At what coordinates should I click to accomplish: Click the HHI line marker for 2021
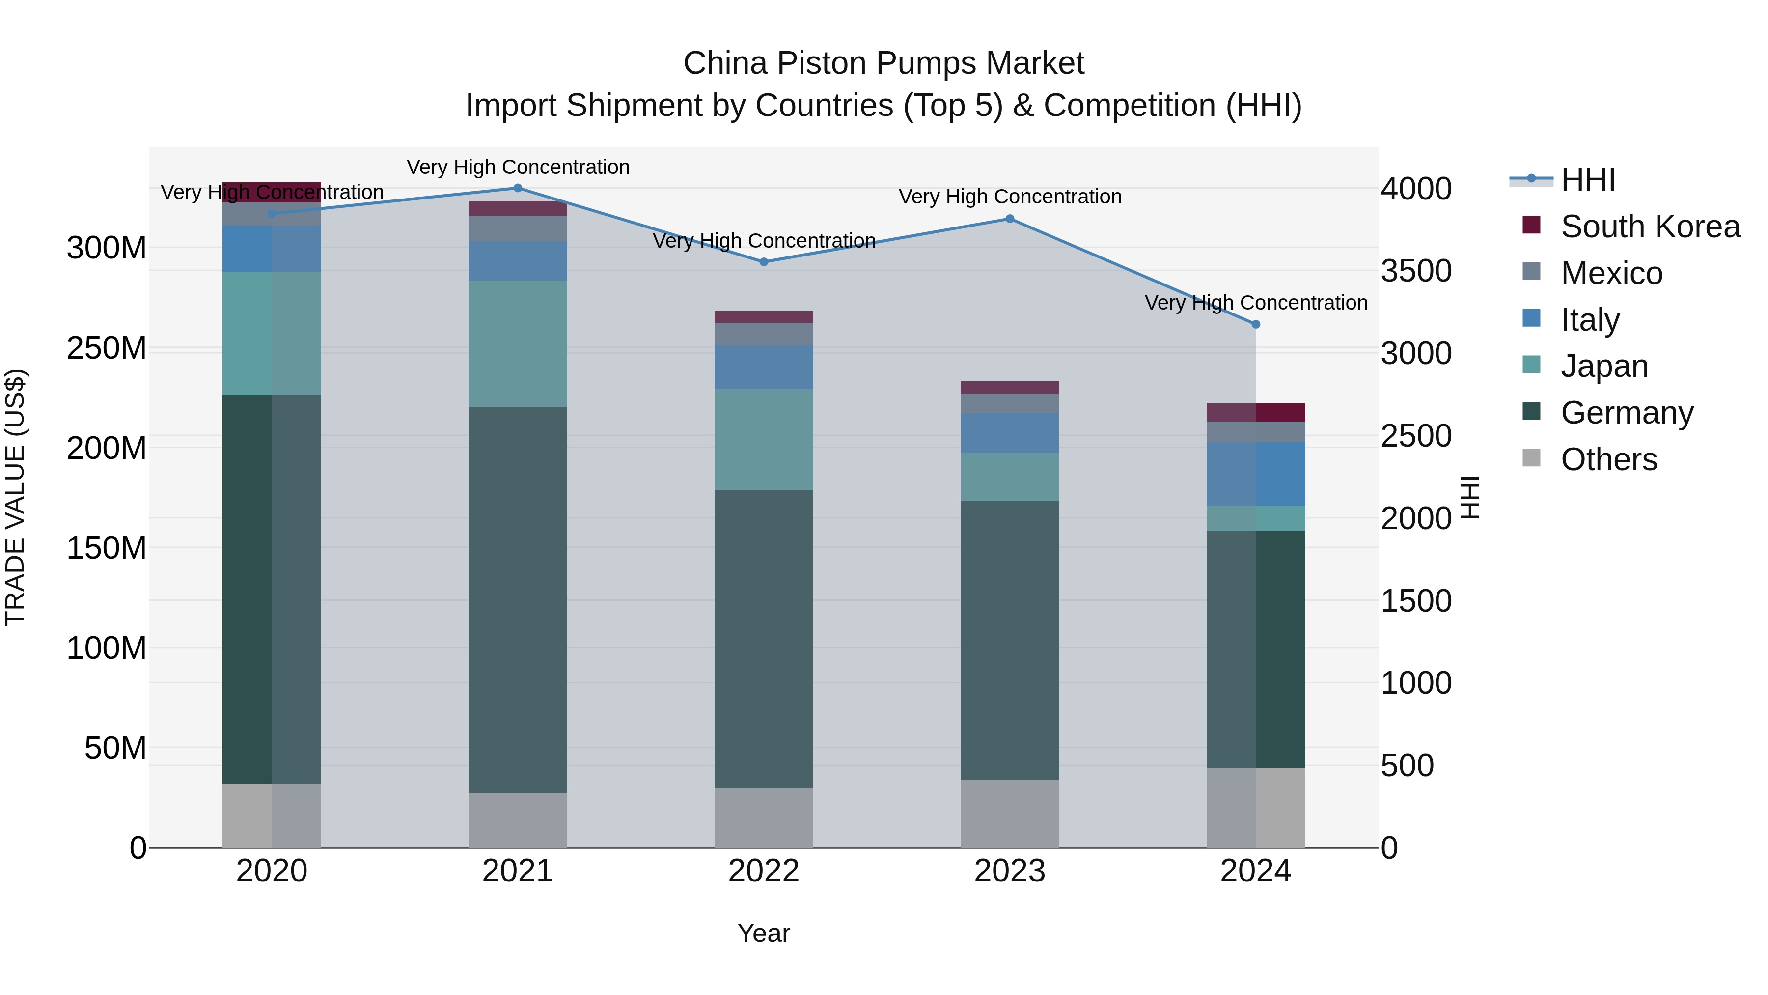[x=518, y=188]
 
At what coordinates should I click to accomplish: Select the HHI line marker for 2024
[x=1255, y=324]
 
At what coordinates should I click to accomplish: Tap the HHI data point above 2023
[x=1010, y=219]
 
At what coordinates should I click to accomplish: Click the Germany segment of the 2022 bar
[x=763, y=639]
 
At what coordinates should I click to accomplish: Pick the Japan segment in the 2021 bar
[x=518, y=343]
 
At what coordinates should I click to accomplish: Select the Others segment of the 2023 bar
[x=1010, y=813]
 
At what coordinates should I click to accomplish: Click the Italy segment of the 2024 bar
[x=1255, y=474]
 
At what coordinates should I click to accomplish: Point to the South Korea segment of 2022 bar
[x=763, y=316]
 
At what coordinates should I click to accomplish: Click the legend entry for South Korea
[x=1650, y=227]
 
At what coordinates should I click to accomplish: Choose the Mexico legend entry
[x=1611, y=273]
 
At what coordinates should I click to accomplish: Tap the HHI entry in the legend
[x=1587, y=180]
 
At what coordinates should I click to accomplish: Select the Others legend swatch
[x=1531, y=458]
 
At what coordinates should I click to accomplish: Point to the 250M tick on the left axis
[x=107, y=348]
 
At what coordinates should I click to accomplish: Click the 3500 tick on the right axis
[x=1416, y=271]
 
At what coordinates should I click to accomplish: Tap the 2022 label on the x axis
[x=763, y=871]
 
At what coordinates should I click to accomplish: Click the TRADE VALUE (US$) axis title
[x=15, y=497]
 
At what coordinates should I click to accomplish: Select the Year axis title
[x=763, y=933]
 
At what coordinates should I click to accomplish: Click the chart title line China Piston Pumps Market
[x=884, y=63]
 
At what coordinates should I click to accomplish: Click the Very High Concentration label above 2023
[x=1010, y=197]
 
